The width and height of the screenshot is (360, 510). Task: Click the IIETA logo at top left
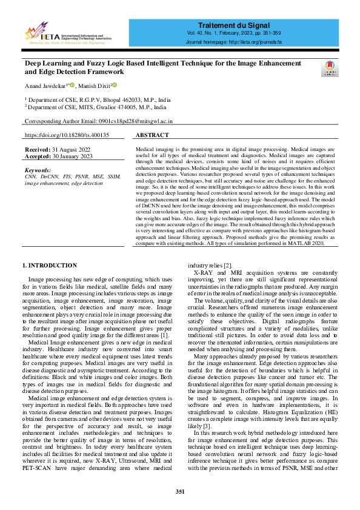[68, 34]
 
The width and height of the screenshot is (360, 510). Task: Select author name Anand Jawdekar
[45, 86]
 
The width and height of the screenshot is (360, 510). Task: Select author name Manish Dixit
[92, 86]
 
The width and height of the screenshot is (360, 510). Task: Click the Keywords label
[38, 170]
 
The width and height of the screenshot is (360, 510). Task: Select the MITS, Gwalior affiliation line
[97, 107]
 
